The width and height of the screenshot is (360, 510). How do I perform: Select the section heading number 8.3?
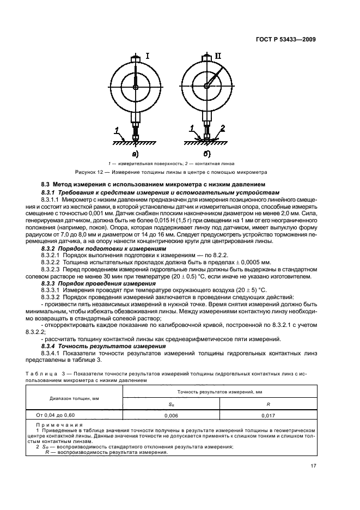coord(47,185)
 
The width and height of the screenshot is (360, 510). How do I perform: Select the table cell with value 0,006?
coord(171,415)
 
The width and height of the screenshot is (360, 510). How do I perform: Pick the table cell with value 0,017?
coord(267,415)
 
